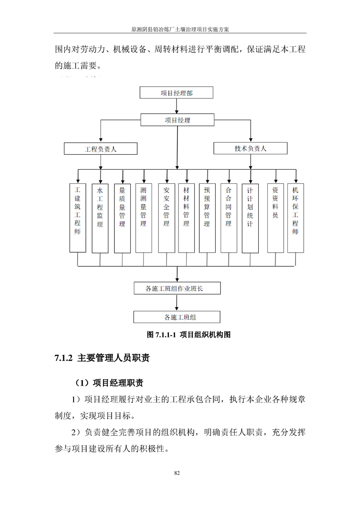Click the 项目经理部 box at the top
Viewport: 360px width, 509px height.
[176, 93]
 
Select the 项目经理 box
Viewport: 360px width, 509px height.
[177, 120]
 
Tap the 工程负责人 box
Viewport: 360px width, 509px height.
[100, 148]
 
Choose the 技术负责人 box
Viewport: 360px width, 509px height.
[250, 148]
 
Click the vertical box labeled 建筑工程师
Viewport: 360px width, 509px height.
[78, 218]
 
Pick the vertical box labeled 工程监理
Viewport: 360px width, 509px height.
[100, 218]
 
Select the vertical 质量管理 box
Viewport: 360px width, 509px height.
[122, 218]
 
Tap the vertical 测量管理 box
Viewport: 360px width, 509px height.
[143, 218]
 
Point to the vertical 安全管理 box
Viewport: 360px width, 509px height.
[166, 218]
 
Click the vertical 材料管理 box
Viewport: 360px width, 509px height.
[186, 218]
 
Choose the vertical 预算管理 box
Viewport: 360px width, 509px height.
[207, 218]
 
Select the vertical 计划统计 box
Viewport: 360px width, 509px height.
[250, 218]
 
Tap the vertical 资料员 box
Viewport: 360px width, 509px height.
[275, 218]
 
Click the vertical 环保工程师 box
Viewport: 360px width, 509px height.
[296, 218]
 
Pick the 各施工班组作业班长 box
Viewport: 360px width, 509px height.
[177, 288]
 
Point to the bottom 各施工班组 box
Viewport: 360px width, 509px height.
[177, 317]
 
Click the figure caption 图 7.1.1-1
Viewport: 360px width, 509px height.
[162, 335]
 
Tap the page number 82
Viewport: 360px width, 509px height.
[177, 473]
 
